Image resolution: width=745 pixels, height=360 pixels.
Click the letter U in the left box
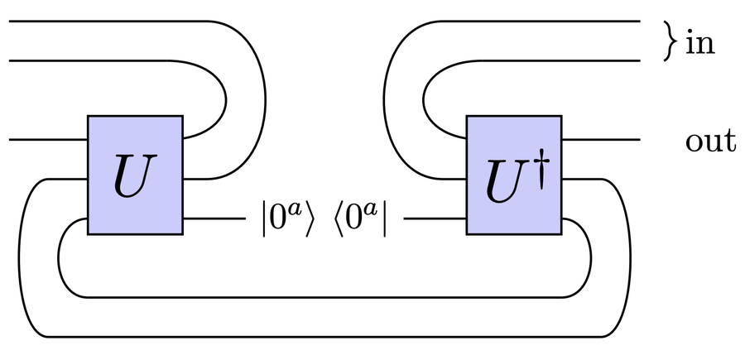134,175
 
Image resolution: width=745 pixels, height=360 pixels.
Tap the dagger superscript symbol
541,172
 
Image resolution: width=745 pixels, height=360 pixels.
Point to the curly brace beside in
670,41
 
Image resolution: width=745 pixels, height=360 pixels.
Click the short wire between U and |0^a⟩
214,219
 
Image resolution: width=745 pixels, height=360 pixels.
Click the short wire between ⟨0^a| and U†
435,219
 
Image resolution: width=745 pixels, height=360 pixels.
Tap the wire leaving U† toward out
601,140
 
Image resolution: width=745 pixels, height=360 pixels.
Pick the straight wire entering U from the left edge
48,140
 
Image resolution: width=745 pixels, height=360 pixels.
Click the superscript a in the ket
296,210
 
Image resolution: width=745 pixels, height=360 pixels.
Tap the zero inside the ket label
278,220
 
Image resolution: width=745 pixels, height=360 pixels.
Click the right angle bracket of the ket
310,219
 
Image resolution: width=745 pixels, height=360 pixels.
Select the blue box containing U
135,175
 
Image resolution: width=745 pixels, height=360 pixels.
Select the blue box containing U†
514,175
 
